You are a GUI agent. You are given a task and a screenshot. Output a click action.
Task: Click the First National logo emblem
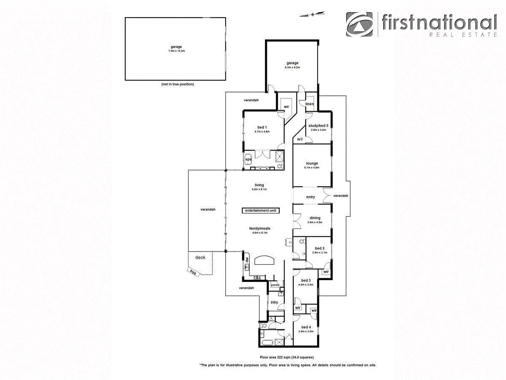tap(360, 24)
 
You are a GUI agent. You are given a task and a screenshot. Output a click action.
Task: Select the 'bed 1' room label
tap(262, 127)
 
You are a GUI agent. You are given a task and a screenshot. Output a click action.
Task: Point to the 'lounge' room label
tap(312, 163)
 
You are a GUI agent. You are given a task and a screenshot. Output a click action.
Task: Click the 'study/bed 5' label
tap(318, 126)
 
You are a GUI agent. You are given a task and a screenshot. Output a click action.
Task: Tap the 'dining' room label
tap(315, 218)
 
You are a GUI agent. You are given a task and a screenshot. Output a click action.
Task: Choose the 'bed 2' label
tap(320, 248)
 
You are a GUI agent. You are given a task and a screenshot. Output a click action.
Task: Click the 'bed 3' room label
tap(306, 280)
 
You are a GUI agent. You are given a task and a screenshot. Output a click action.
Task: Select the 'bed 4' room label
tap(306, 327)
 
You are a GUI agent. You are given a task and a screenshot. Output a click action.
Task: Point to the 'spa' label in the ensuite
tap(248, 160)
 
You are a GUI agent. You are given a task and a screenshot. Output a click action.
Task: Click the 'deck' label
tap(200, 258)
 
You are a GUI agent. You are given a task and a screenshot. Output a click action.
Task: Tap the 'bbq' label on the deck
tap(193, 272)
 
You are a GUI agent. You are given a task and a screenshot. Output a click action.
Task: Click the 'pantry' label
tap(275, 285)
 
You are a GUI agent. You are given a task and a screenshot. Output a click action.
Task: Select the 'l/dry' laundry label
tap(274, 302)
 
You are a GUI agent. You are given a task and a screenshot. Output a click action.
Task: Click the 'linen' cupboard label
tap(310, 104)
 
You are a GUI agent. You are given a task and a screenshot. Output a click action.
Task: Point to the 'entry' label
tap(310, 197)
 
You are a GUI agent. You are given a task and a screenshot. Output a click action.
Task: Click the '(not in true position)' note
tap(177, 84)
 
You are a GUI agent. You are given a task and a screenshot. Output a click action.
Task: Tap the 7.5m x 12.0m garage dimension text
tap(176, 51)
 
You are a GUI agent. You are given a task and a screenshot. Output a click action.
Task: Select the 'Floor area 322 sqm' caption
tap(287, 357)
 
